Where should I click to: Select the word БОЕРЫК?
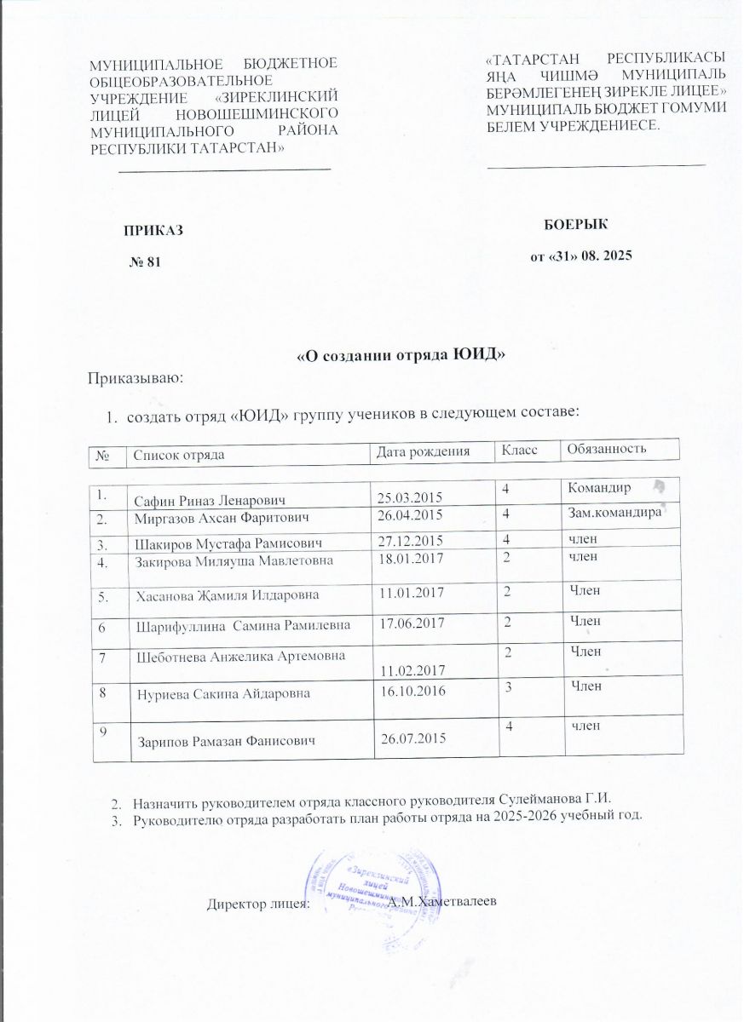pos(575,224)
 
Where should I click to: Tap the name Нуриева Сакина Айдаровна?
pos(224,694)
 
